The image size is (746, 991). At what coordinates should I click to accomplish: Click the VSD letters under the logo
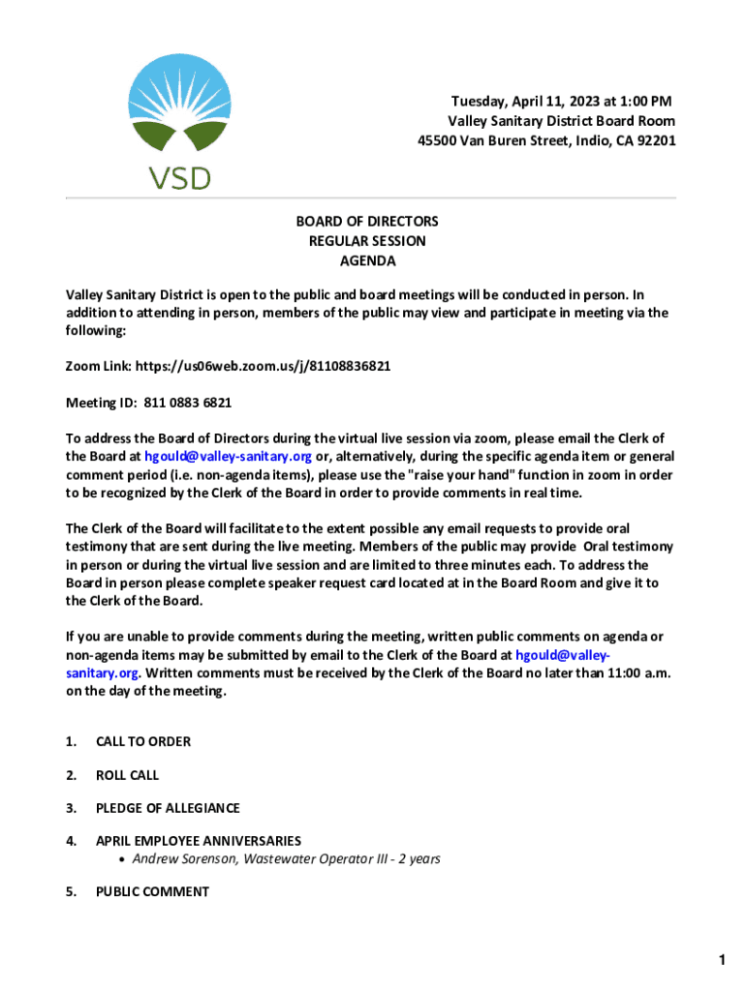[x=178, y=177]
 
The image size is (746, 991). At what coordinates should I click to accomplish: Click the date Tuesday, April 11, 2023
[x=522, y=102]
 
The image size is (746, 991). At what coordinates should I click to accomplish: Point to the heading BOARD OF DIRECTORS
[x=367, y=222]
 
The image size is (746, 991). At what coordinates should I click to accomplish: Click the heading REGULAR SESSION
[x=367, y=241]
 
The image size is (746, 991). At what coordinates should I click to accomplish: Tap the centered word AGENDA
[x=367, y=260]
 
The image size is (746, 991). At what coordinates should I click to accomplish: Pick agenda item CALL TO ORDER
[x=143, y=741]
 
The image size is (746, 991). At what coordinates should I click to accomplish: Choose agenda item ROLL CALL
[x=127, y=775]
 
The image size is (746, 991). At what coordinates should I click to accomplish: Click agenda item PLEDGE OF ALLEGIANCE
[x=168, y=808]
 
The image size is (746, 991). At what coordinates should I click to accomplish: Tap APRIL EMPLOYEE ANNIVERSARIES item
[x=199, y=841]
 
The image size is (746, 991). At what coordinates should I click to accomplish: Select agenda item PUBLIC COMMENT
[x=152, y=891]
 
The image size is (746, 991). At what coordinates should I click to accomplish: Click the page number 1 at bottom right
[x=722, y=959]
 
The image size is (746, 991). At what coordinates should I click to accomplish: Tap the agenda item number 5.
[x=71, y=891]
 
